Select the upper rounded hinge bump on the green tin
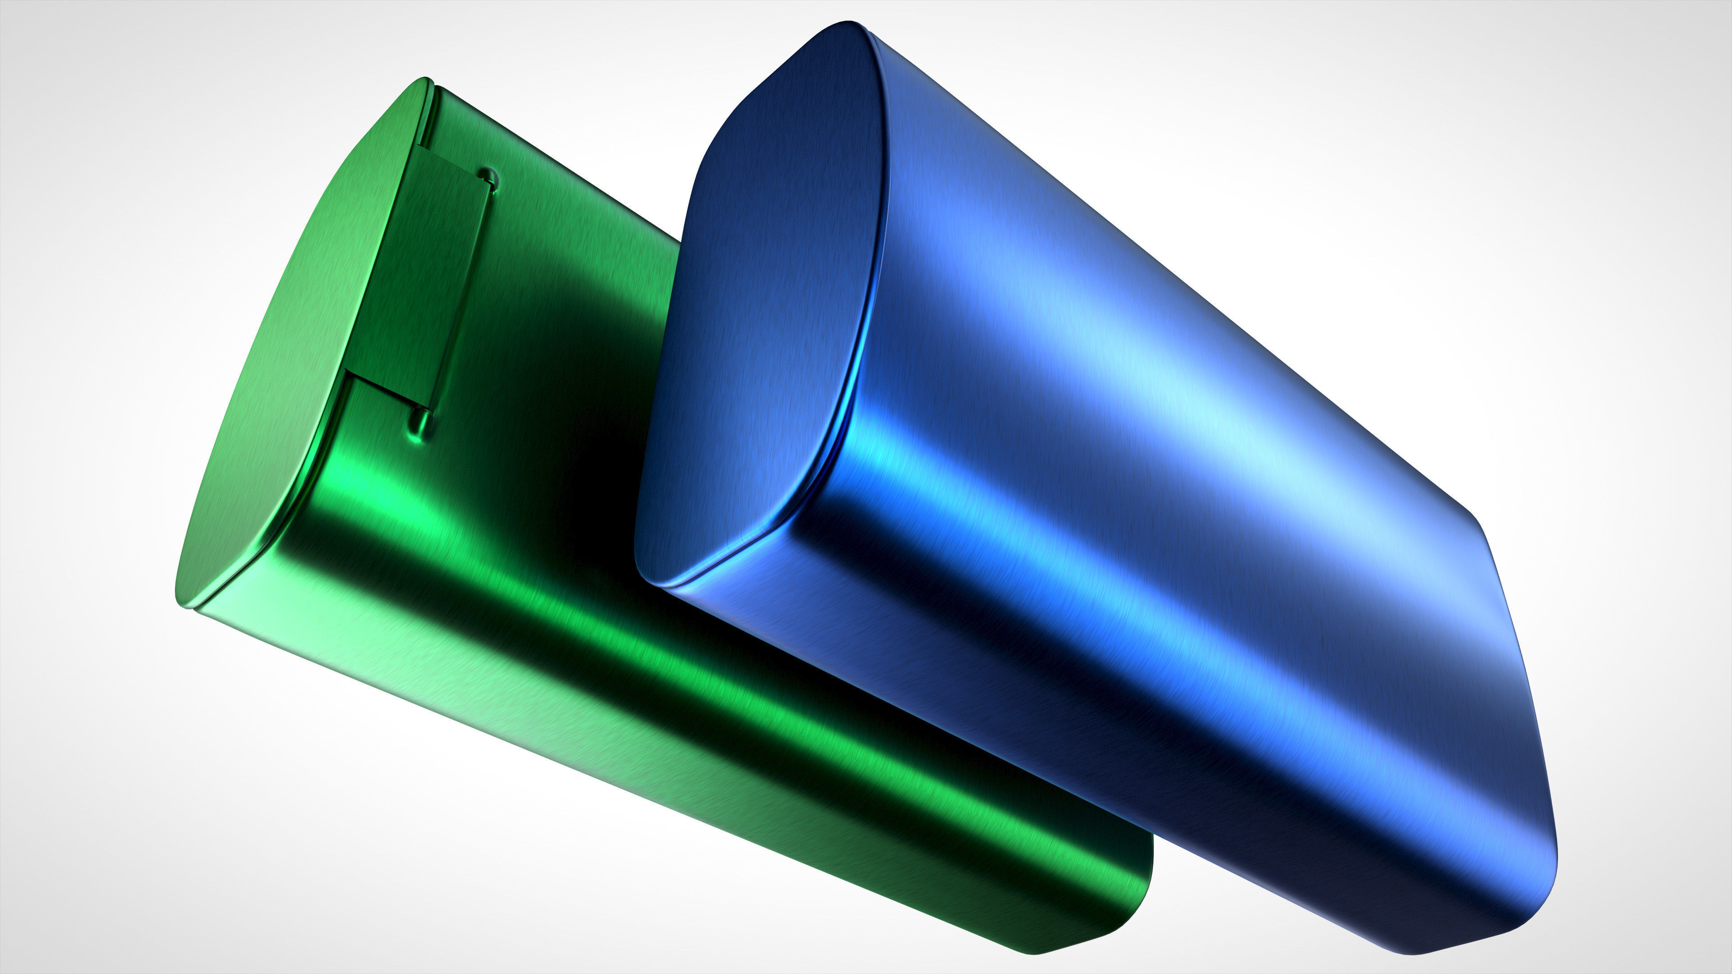tap(490, 177)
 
